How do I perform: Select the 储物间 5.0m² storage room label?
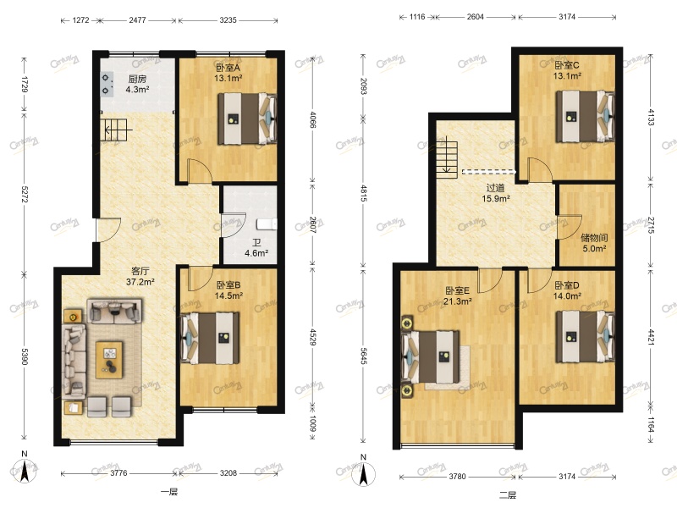click(593, 244)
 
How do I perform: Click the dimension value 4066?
click(312, 119)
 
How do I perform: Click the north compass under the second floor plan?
click(365, 471)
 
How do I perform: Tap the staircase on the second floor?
click(446, 157)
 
